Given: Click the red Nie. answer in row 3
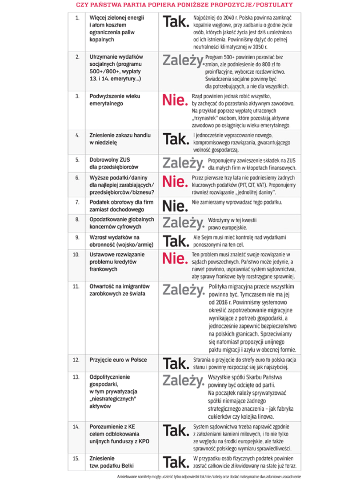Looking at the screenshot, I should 175,101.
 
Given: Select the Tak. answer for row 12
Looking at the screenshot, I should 176,363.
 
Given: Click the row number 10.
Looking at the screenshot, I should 76,255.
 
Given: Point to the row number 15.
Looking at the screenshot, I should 76,458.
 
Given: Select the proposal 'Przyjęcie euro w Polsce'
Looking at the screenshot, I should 118,360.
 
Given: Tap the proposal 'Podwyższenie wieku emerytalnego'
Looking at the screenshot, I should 115,100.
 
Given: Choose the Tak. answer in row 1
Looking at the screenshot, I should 176,22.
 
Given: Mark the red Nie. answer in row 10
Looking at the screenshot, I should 175,258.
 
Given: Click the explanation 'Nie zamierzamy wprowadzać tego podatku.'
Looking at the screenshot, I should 237,203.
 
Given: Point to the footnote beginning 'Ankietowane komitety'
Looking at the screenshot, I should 209,476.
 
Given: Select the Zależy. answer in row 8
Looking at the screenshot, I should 183,222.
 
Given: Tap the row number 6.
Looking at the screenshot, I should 77,178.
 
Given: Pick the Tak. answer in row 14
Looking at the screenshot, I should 176,430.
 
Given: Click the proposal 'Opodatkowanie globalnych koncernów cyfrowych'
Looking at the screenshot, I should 121,223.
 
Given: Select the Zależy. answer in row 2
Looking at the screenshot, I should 183,60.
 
